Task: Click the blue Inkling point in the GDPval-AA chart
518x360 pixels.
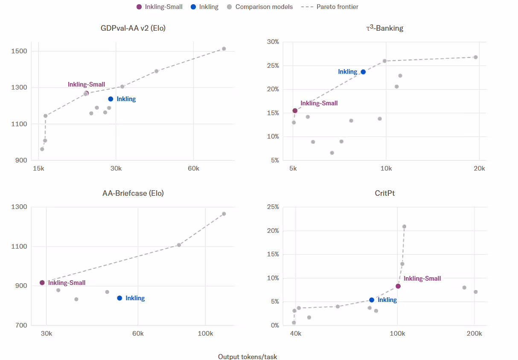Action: [x=111, y=99]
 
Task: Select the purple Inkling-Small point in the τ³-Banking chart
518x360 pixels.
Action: [x=295, y=111]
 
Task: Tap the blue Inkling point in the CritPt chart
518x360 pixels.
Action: [x=372, y=300]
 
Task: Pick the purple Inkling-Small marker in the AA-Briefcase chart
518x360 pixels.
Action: [x=42, y=282]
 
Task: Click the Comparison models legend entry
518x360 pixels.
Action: [x=260, y=7]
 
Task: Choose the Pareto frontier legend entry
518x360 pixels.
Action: [x=330, y=7]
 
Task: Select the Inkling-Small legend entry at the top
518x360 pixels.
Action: [x=159, y=7]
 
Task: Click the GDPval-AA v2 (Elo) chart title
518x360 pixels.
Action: [x=133, y=28]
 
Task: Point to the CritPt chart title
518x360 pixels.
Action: [x=384, y=193]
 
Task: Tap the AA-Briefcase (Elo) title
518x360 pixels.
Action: [x=133, y=193]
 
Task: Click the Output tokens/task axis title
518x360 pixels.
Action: [x=247, y=357]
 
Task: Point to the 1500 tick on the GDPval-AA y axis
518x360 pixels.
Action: [x=19, y=51]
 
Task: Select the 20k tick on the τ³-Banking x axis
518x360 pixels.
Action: [x=479, y=168]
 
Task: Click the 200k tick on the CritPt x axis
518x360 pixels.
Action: [x=474, y=334]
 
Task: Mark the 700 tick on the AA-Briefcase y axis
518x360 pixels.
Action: [x=21, y=325]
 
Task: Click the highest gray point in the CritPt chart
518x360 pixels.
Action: [x=404, y=226]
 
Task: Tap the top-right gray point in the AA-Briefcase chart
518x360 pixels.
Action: [x=224, y=214]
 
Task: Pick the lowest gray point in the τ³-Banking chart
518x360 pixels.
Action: [x=332, y=153]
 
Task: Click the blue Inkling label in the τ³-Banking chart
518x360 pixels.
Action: [x=348, y=72]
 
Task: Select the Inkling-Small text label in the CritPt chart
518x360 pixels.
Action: [x=422, y=279]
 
